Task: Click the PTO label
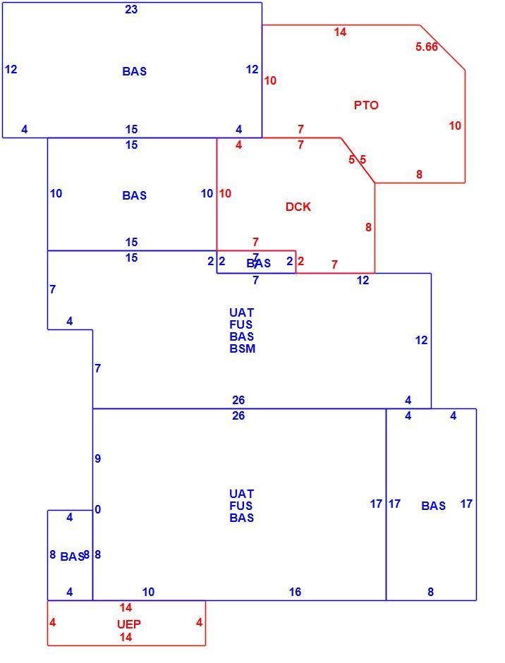(x=366, y=105)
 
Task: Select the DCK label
(x=298, y=207)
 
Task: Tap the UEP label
(x=128, y=624)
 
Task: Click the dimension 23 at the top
(x=131, y=9)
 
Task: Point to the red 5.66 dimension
(x=426, y=47)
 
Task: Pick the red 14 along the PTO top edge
(x=340, y=32)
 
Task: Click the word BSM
(x=243, y=348)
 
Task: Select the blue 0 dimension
(x=98, y=509)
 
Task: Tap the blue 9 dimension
(x=98, y=458)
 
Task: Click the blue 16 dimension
(x=295, y=592)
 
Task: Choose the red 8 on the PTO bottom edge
(x=419, y=174)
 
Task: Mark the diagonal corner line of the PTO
(x=442, y=47)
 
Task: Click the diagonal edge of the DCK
(x=358, y=160)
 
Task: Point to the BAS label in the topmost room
(x=135, y=71)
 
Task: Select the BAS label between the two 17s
(x=434, y=506)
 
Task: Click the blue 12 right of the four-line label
(x=421, y=341)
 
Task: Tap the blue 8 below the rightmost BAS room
(x=430, y=592)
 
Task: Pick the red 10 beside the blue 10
(x=225, y=194)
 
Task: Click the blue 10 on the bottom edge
(x=148, y=592)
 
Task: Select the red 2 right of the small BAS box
(x=300, y=261)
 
